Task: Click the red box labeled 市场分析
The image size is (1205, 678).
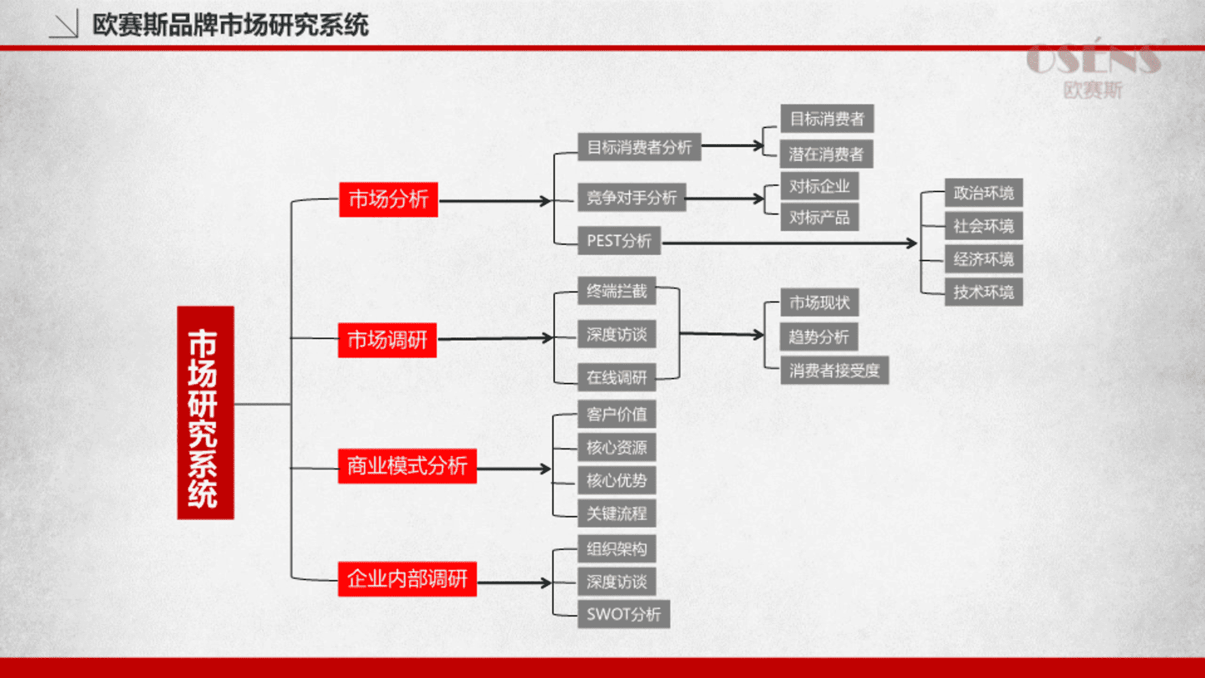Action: click(388, 200)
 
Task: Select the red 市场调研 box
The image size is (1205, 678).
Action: click(387, 340)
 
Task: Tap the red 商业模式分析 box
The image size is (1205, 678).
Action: click(407, 466)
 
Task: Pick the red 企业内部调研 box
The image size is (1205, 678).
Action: click(407, 579)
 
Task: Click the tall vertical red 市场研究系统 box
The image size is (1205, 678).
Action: click(206, 413)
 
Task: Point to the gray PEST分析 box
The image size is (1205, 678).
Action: click(619, 241)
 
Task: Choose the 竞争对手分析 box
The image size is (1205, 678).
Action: click(632, 198)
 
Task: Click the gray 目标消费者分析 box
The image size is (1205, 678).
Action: click(640, 147)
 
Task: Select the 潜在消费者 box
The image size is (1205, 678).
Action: click(827, 154)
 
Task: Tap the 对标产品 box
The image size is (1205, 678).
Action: click(820, 218)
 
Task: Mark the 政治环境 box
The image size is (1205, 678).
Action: click(984, 193)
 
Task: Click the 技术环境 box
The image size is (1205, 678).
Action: click(984, 292)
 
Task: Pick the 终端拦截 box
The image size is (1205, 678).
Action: click(617, 291)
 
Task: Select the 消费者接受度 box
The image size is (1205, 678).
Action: click(835, 370)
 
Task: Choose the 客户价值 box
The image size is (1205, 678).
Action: click(617, 414)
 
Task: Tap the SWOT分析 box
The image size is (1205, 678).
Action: click(624, 614)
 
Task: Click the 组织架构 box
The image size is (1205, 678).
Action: click(617, 549)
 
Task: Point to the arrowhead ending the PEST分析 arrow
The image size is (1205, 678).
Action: click(912, 243)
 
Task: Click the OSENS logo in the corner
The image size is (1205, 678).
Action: click(1094, 68)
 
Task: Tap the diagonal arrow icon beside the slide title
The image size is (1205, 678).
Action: click(63, 24)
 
